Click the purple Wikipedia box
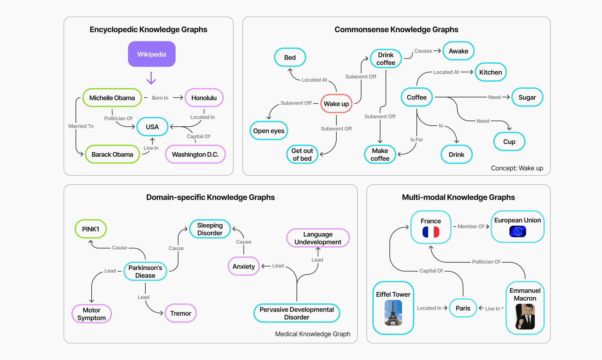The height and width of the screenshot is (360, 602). (x=151, y=54)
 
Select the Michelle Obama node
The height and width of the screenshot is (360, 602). (x=112, y=98)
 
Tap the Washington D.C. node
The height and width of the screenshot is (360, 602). (x=195, y=154)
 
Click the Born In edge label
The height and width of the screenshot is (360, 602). (x=160, y=98)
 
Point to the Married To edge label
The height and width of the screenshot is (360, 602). (x=81, y=126)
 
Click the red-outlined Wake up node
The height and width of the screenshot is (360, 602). (x=336, y=104)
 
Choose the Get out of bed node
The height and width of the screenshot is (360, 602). (x=302, y=154)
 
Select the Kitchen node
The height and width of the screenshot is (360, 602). (x=490, y=72)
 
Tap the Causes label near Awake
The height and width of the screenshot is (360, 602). (x=423, y=51)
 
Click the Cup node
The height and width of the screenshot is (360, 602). (x=509, y=142)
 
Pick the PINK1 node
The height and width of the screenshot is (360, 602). (x=90, y=229)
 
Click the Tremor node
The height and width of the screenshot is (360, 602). (x=180, y=313)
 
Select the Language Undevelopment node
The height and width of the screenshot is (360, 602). (x=318, y=238)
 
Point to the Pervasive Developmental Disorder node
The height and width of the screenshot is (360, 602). (x=296, y=313)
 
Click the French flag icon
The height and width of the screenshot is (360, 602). (x=431, y=232)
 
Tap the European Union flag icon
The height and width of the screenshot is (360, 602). (x=517, y=231)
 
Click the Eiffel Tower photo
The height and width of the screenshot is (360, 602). (x=393, y=313)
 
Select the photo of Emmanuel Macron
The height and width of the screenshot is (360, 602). (x=525, y=317)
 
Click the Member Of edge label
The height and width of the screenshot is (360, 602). (x=470, y=226)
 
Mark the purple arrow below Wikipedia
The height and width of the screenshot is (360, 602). (x=151, y=78)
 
